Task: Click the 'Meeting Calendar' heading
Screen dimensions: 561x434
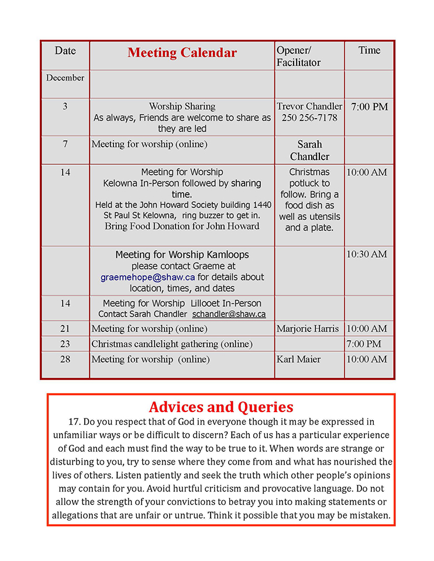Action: click(x=182, y=53)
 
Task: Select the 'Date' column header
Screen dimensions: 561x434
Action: click(x=65, y=51)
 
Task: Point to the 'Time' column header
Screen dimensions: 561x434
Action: click(x=369, y=50)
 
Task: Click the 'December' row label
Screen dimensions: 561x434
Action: click(x=65, y=78)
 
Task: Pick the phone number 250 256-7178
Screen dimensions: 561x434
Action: click(x=309, y=118)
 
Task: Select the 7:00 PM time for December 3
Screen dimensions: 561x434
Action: click(x=369, y=107)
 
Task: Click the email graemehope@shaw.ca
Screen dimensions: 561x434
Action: click(x=147, y=277)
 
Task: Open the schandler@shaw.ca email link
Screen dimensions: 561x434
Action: click(x=229, y=314)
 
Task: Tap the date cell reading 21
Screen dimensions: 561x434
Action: click(x=65, y=328)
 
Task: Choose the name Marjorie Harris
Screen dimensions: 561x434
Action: click(x=308, y=328)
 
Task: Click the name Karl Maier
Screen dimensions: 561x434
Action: click(x=298, y=359)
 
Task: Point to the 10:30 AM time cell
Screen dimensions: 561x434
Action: click(x=367, y=254)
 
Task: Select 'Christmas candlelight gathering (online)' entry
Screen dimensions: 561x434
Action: click(x=172, y=344)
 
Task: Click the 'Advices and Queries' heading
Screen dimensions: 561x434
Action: click(x=221, y=407)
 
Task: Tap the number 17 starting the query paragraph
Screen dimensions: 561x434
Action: click(x=73, y=421)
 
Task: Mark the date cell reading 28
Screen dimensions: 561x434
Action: click(x=65, y=359)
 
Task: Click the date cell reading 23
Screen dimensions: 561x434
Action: click(x=65, y=344)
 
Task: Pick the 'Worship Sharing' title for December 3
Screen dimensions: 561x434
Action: click(x=182, y=106)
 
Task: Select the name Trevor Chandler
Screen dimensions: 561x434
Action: click(x=309, y=106)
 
